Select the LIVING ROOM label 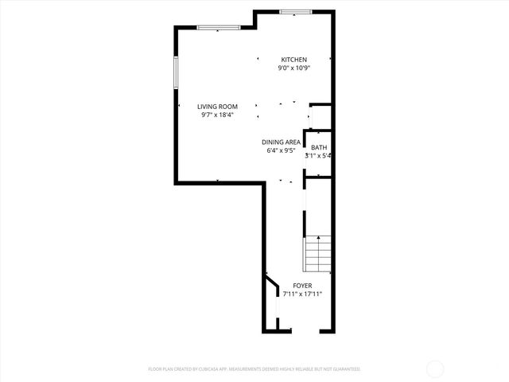(x=218, y=106)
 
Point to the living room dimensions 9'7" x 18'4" (x=218, y=115)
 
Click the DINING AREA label (x=281, y=142)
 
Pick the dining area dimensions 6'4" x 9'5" (x=281, y=150)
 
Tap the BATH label (x=318, y=147)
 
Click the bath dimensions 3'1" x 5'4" (x=318, y=156)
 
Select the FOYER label (x=302, y=286)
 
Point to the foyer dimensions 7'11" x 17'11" (x=302, y=294)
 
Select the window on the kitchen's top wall (x=295, y=11)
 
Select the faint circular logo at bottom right (x=435, y=368)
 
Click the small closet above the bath (x=318, y=117)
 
